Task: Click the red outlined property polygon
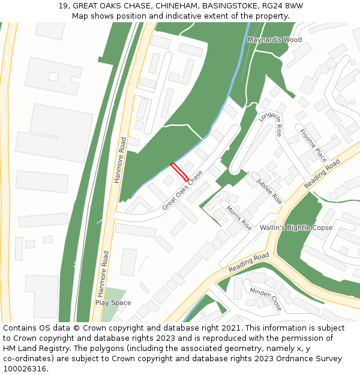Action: [x=179, y=172]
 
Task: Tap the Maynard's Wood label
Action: [x=274, y=40]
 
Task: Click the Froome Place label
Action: [x=313, y=145]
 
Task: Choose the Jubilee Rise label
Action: [x=269, y=191]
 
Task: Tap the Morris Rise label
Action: [x=239, y=218]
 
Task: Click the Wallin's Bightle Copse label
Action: [x=296, y=228]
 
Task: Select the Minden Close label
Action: [x=265, y=298]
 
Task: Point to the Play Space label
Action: [x=113, y=303]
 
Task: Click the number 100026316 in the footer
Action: [x=25, y=369]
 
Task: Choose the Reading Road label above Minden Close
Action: [x=249, y=261]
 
